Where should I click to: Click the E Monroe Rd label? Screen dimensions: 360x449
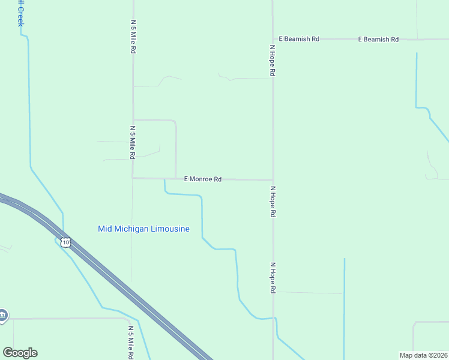tap(203, 179)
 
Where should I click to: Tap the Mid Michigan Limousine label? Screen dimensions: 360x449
tap(143, 229)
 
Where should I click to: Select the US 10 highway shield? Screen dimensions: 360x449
tap(65, 242)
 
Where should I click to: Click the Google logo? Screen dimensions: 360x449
tap(20, 353)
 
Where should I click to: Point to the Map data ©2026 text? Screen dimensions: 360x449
tap(423, 355)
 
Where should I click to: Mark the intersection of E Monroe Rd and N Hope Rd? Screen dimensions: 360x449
tap(273, 179)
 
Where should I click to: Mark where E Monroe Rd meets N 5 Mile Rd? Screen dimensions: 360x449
tap(133, 178)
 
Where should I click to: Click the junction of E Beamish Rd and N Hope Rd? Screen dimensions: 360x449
tap(273, 39)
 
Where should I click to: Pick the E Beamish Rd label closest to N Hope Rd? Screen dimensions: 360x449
tap(299, 39)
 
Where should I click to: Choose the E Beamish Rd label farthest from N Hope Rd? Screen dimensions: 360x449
tap(378, 40)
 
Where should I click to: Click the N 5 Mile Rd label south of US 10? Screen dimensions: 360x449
tap(131, 343)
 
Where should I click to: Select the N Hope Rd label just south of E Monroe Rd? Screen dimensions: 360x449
tap(273, 201)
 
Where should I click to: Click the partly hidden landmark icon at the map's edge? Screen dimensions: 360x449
tap(2, 315)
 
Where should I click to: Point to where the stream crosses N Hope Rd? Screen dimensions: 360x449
tap(274, 317)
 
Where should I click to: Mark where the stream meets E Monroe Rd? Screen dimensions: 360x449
tap(164, 179)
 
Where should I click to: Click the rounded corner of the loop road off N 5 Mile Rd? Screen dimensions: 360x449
tap(175, 122)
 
